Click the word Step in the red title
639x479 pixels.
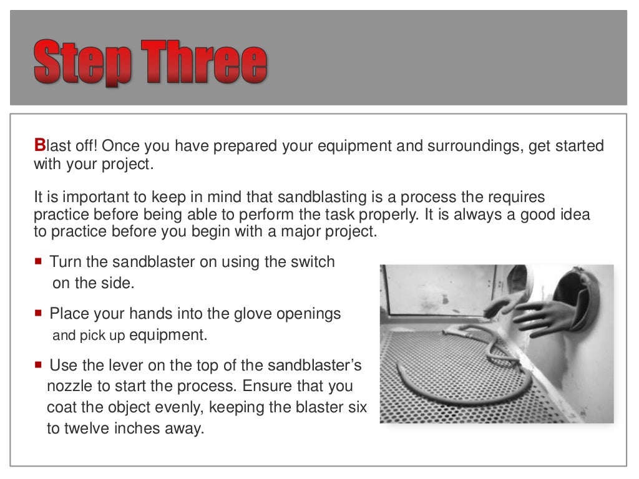(82, 63)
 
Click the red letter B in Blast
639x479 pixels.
(39, 147)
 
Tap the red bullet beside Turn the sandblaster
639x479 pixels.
(39, 262)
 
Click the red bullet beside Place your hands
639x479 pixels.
(39, 313)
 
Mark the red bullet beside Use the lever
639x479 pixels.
(39, 364)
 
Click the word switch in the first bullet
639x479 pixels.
(313, 262)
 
